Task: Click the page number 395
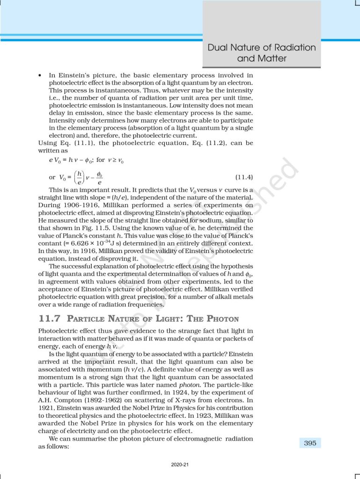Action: (310, 443)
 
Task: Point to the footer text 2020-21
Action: (180, 465)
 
